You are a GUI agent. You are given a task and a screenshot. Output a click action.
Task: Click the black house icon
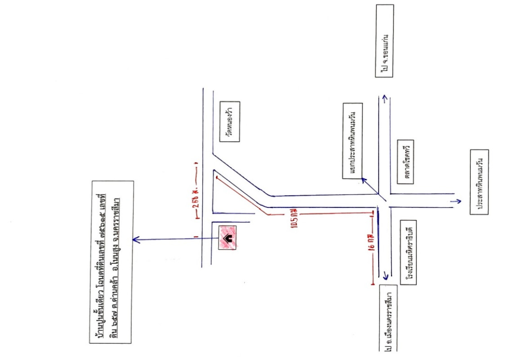(228, 238)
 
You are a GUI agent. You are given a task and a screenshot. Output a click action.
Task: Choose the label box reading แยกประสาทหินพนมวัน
(352, 141)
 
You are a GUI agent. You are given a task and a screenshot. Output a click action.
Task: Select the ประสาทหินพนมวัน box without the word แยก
(479, 183)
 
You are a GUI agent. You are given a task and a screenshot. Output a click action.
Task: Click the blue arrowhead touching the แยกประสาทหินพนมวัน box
(363, 180)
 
